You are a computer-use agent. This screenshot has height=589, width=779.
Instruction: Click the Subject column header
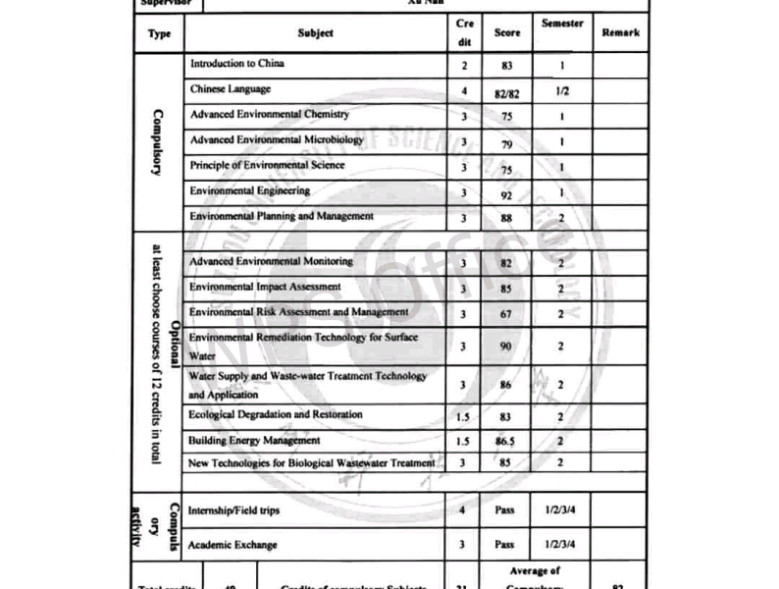click(x=315, y=33)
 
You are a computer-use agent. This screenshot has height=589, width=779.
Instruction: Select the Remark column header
click(x=620, y=32)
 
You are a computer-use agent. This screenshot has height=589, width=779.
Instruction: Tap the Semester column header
click(x=562, y=24)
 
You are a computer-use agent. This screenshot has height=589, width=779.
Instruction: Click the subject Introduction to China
click(x=236, y=64)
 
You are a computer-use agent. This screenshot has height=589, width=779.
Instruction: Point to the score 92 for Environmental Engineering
click(x=505, y=194)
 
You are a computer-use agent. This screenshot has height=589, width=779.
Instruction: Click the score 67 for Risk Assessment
click(x=505, y=314)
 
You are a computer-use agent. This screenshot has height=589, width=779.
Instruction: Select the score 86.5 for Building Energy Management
click(x=506, y=442)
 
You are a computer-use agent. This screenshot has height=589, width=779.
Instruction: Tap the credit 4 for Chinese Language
click(x=463, y=90)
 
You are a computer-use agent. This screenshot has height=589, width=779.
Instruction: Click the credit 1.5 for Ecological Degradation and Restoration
click(x=463, y=416)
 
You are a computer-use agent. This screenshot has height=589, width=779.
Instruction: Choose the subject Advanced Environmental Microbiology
click(x=277, y=139)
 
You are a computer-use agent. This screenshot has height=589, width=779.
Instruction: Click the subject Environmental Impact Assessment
click(x=265, y=287)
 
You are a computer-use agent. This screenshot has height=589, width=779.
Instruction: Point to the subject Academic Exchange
click(x=234, y=545)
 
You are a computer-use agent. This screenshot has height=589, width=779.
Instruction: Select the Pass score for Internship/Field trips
click(x=504, y=511)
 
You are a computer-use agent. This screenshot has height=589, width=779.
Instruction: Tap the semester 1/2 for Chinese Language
click(x=561, y=89)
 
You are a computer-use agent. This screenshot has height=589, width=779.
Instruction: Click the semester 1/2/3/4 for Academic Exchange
click(x=561, y=544)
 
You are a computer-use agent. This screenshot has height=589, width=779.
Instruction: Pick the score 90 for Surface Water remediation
click(x=505, y=347)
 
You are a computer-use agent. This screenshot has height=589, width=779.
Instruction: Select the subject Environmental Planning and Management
click(x=282, y=216)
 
